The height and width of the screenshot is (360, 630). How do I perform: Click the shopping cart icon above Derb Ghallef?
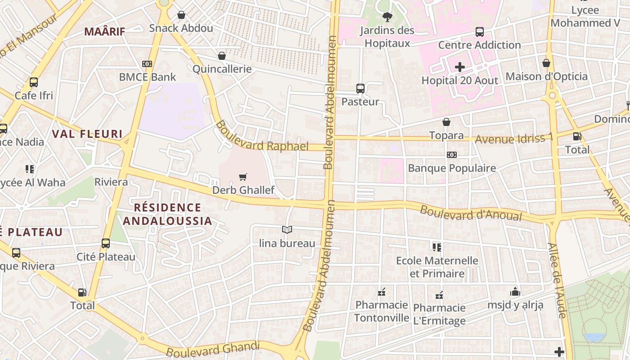pyautogui.click(x=243, y=177)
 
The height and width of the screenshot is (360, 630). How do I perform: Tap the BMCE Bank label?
pyautogui.click(x=147, y=77)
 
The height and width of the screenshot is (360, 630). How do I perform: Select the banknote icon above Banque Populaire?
pyautogui.click(x=452, y=155)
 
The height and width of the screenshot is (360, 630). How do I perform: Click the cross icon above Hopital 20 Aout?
pyautogui.click(x=459, y=67)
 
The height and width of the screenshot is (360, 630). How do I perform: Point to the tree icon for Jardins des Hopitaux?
pyautogui.click(x=387, y=18)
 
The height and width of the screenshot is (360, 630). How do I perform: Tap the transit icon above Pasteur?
pyautogui.click(x=360, y=89)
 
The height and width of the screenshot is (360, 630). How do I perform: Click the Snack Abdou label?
pyautogui.click(x=181, y=28)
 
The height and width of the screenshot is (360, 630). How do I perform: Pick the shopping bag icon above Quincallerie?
pyautogui.click(x=221, y=56)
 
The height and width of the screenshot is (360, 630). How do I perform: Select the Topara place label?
pyautogui.click(x=446, y=135)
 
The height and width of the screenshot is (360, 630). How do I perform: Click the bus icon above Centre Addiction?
pyautogui.click(x=480, y=32)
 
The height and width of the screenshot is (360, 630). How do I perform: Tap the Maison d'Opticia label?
pyautogui.click(x=546, y=76)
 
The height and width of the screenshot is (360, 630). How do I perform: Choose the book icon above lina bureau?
pyautogui.click(x=287, y=230)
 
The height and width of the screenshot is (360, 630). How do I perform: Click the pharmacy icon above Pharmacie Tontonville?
pyautogui.click(x=382, y=292)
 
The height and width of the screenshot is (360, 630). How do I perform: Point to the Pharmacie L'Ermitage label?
pyautogui.click(x=439, y=314)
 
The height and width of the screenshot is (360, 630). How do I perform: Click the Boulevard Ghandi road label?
pyautogui.click(x=213, y=349)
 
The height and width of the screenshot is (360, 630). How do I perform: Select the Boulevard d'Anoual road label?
pyautogui.click(x=471, y=213)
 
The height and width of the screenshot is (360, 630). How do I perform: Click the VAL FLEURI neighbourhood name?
pyautogui.click(x=87, y=134)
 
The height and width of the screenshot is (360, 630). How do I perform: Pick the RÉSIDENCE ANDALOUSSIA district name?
pyautogui.click(x=167, y=214)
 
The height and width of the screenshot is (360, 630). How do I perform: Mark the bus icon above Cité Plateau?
pyautogui.click(x=106, y=243)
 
